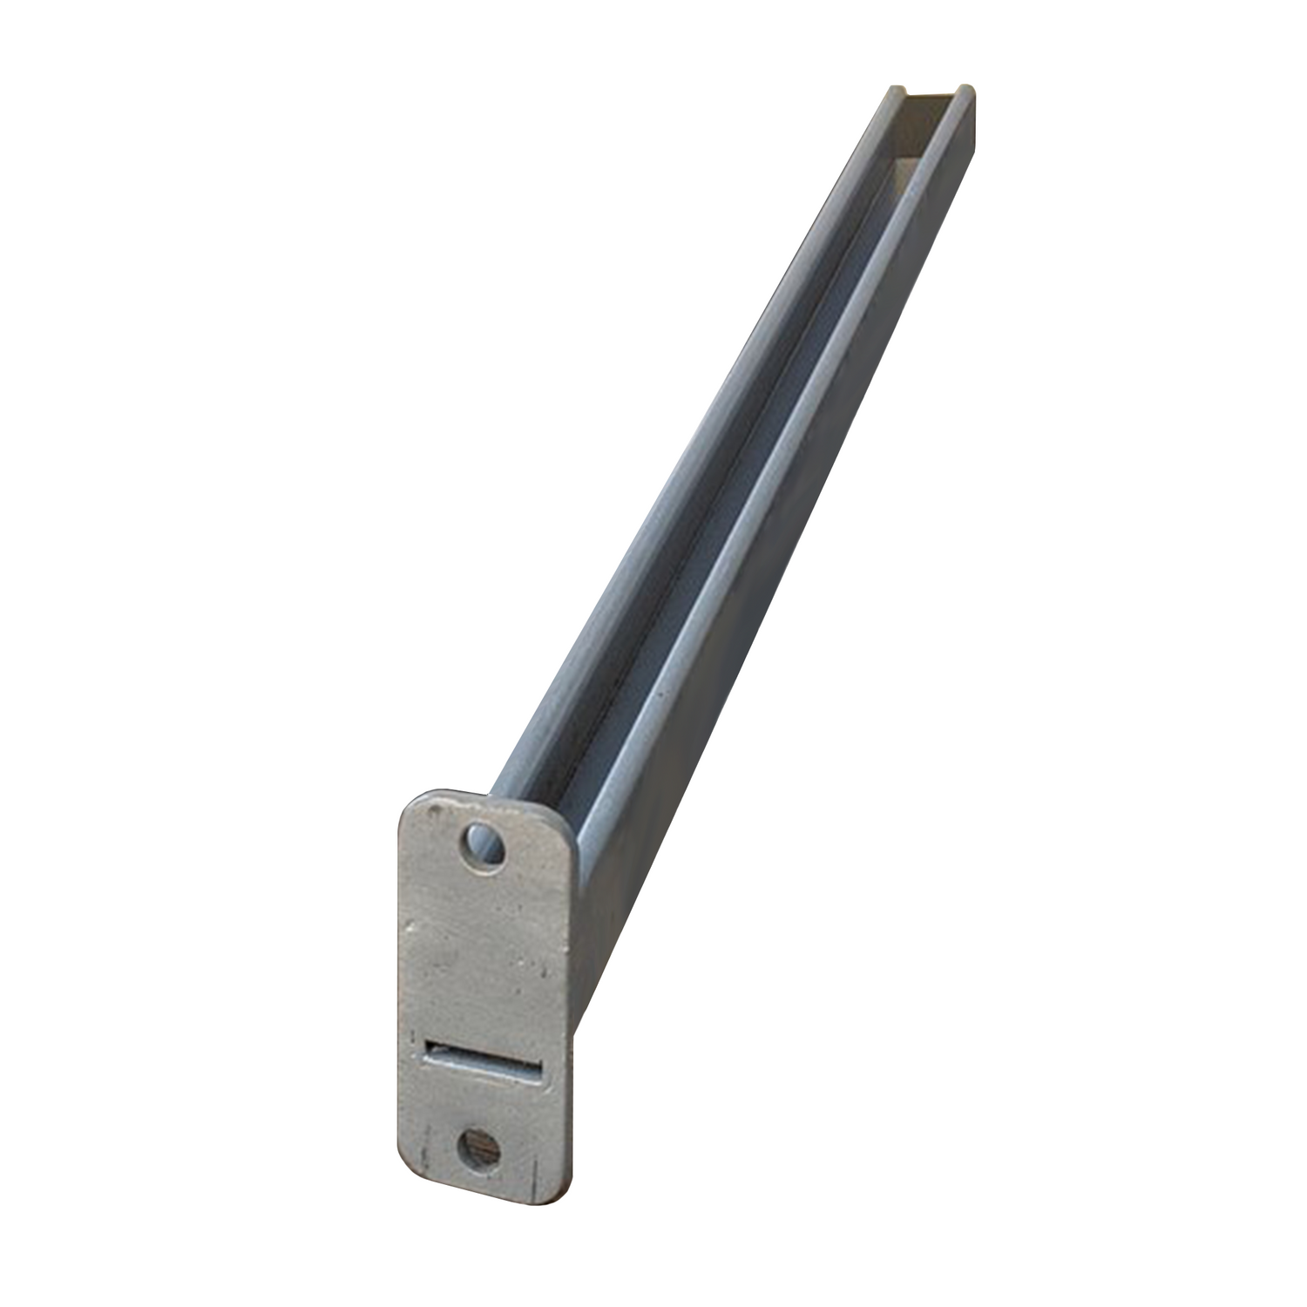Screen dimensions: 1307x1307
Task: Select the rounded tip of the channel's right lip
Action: [x=965, y=91]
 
